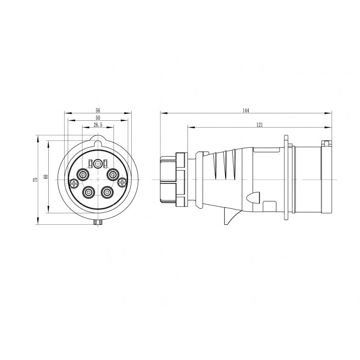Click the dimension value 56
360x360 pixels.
[x=97, y=111]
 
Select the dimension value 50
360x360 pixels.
[x=97, y=118]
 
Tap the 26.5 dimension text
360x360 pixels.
[x=97, y=125]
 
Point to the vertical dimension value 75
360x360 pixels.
[x=35, y=180]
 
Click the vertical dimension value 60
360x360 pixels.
[x=45, y=177]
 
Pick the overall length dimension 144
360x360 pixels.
[x=246, y=110]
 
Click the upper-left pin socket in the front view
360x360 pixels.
[x=82, y=175]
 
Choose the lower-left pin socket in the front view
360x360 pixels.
[x=89, y=191]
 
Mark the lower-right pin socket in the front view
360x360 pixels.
[x=106, y=191]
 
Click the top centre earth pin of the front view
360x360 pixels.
[x=97, y=163]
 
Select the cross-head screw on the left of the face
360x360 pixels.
[x=75, y=184]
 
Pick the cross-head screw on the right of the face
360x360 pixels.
[x=122, y=183]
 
